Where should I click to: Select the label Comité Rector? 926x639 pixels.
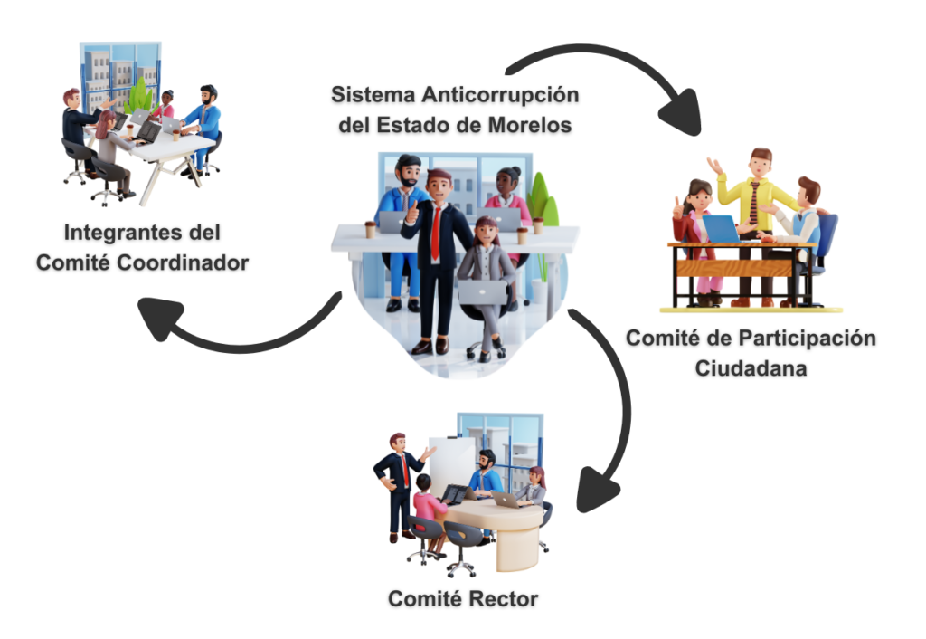463,599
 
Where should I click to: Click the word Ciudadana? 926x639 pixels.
751,368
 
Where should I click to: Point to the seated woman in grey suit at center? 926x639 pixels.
486,272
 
